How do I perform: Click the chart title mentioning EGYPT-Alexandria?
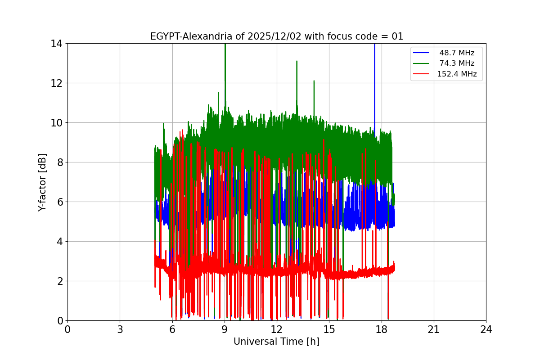(276, 36)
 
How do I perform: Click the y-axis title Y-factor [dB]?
(42, 182)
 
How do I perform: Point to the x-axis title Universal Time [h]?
(276, 342)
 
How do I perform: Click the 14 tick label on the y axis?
(56, 44)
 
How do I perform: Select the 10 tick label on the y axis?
(56, 123)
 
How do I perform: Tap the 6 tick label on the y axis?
(59, 202)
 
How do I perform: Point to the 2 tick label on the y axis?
(59, 281)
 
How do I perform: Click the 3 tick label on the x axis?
(120, 329)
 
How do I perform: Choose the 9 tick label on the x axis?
(225, 329)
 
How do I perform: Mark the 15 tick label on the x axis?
(329, 329)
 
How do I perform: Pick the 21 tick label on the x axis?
(434, 329)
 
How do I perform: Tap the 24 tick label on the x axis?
(486, 329)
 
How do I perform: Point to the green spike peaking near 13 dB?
(297, 63)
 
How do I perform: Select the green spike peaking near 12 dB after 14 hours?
(314, 82)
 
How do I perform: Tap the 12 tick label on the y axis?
(56, 83)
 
